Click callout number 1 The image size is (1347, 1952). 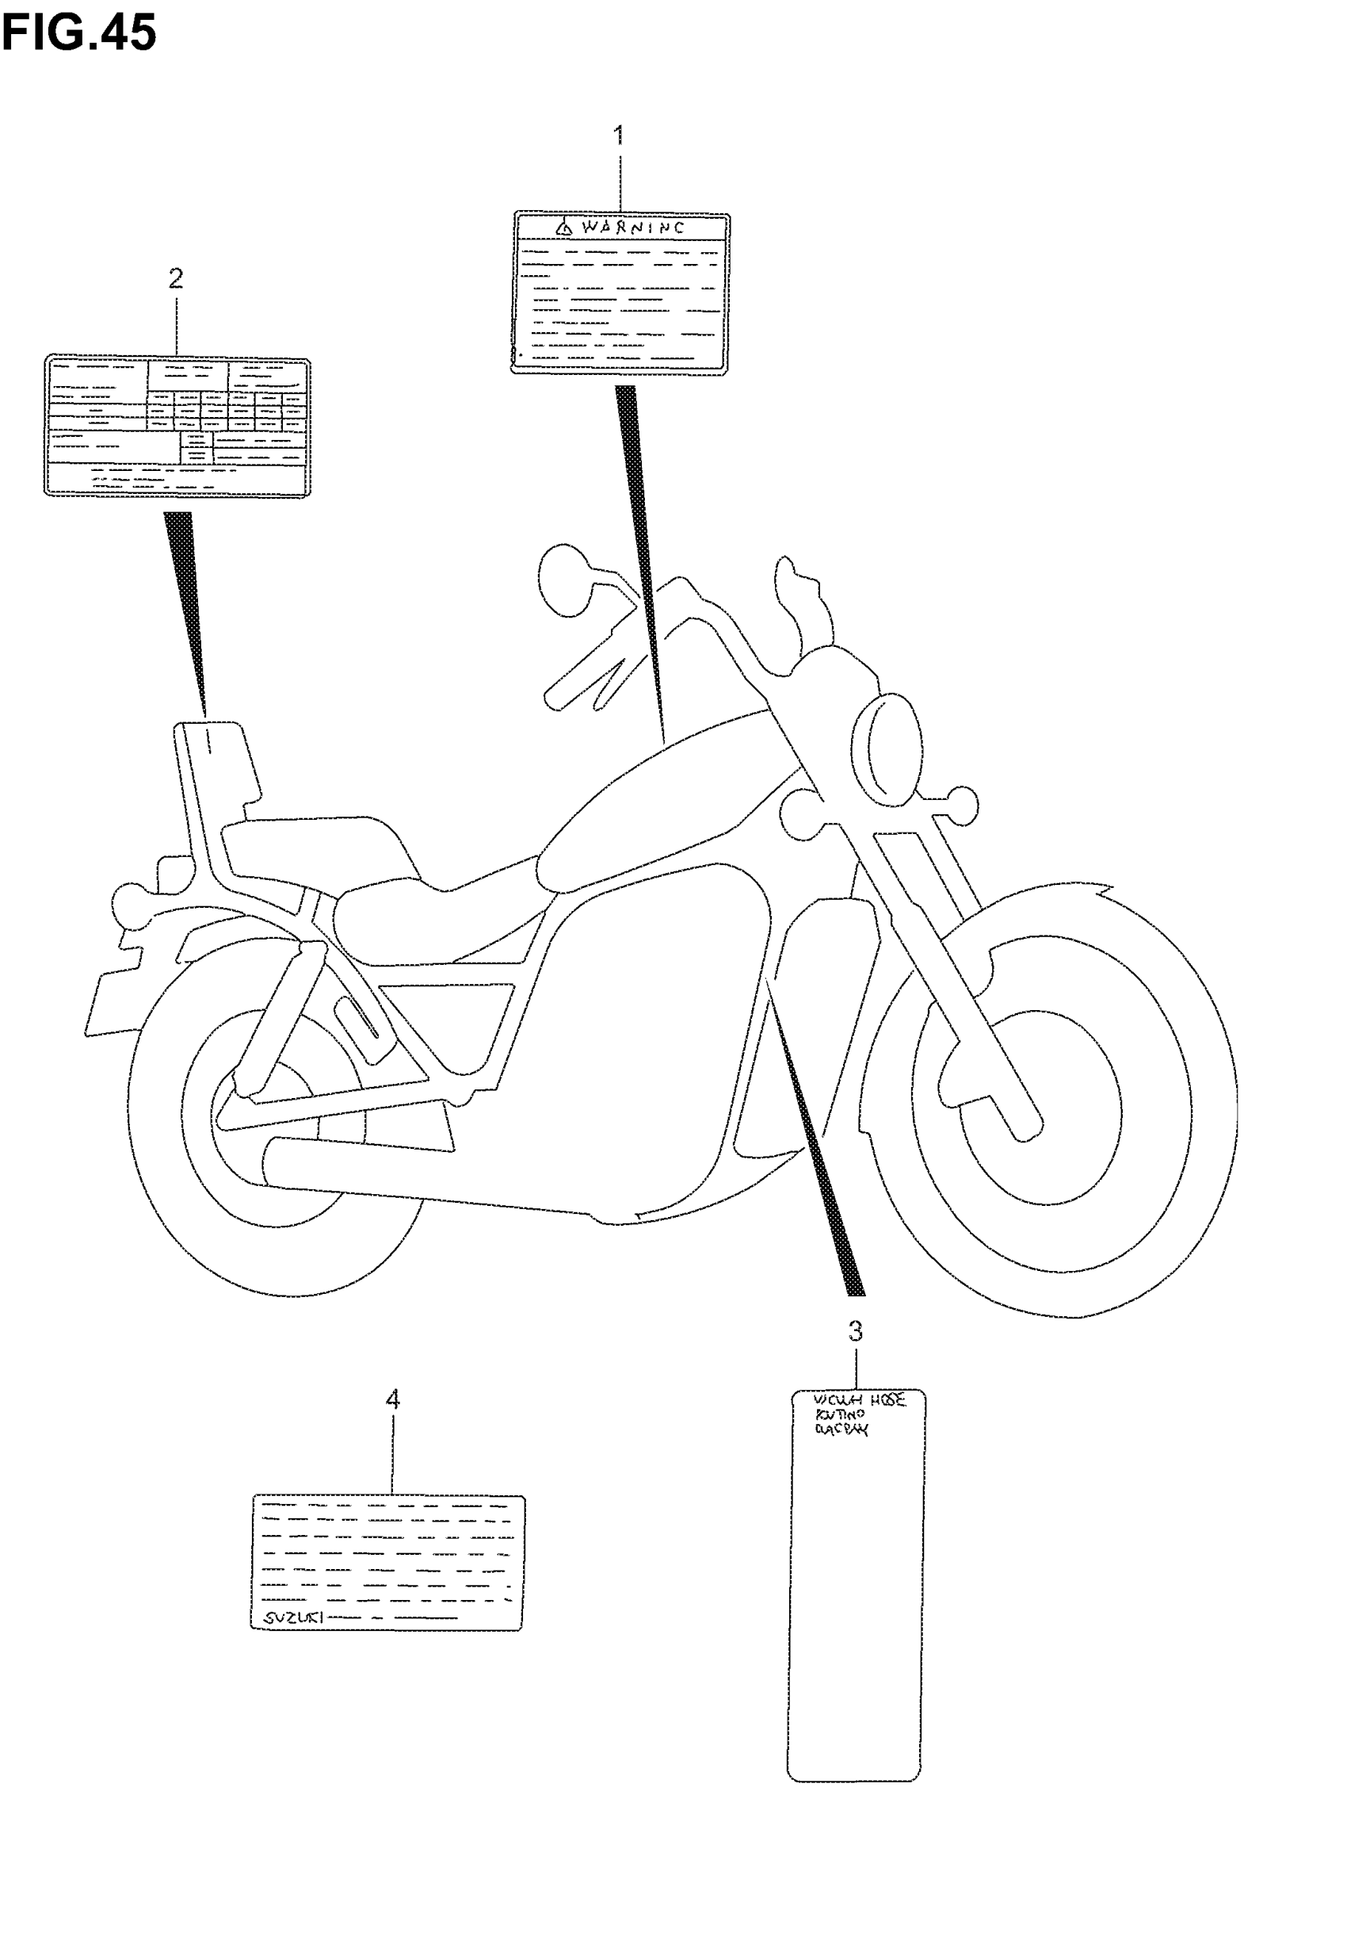[x=619, y=135]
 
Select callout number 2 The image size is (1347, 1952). [x=176, y=277]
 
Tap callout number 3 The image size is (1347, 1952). [x=855, y=1331]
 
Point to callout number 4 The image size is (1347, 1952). [x=392, y=1400]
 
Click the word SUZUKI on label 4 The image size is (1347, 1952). [x=289, y=1617]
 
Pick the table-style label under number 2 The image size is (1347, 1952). [x=177, y=426]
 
